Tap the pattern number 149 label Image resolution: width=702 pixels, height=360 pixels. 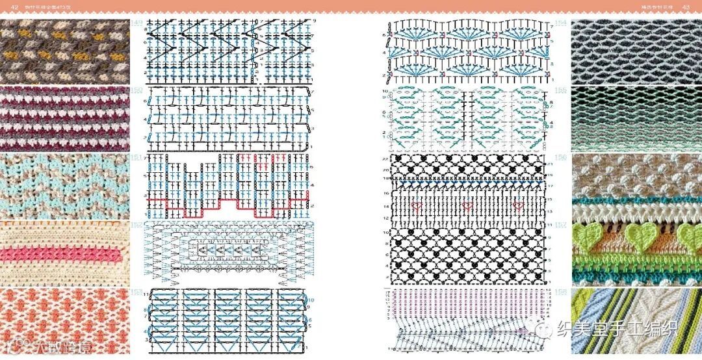[x=137, y=23]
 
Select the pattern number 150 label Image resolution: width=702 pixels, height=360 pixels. [x=137, y=90]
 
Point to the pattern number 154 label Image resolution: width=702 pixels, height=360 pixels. [x=560, y=23]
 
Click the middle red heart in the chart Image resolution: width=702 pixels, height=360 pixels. [x=467, y=207]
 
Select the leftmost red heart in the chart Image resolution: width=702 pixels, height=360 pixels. [x=417, y=207]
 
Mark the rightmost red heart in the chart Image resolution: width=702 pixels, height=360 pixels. [x=518, y=207]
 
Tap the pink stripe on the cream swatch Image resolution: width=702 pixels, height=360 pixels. [x=65, y=253]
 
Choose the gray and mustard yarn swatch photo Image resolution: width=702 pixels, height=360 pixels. [x=65, y=52]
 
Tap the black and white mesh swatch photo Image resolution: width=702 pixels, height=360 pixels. [x=636, y=52]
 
